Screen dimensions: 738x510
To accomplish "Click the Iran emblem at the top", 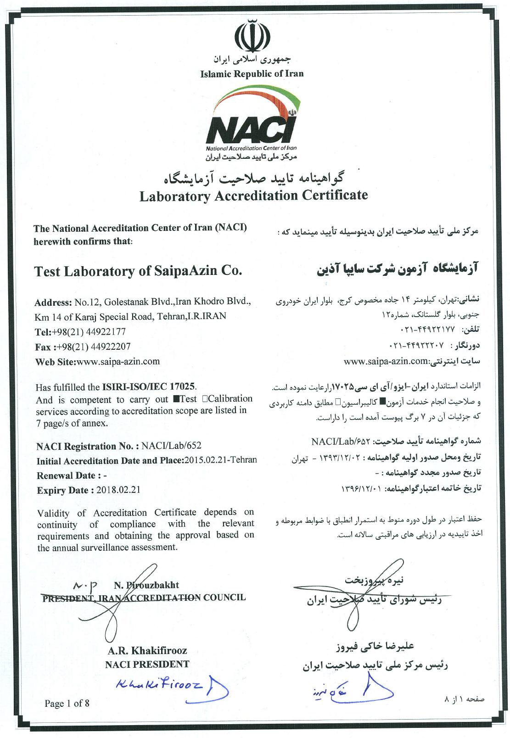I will tap(252, 36).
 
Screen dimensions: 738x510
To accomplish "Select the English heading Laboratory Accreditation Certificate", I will tap(253, 196).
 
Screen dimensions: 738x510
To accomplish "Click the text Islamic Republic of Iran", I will tap(252, 73).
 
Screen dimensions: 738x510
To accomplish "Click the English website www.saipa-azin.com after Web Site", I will tap(118, 361).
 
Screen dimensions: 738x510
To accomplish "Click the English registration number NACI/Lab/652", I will tap(171, 446).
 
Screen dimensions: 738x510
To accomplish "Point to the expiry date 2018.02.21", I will tap(118, 490).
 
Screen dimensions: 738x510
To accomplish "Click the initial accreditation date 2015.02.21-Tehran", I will tap(221, 460).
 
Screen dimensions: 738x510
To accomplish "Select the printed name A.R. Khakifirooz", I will tap(147, 650).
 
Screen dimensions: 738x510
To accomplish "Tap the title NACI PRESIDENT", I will tap(147, 664).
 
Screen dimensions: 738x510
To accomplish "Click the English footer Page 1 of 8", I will tap(67, 703).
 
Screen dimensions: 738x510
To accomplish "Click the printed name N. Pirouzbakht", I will tap(146, 585).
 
